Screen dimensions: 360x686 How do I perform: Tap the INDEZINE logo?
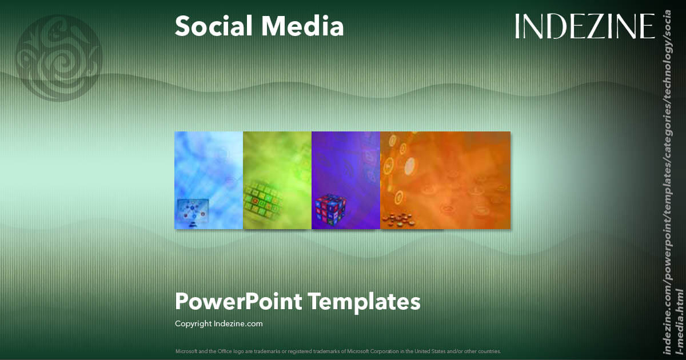point(584,26)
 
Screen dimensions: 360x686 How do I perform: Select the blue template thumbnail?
point(209,180)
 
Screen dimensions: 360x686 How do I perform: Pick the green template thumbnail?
point(277,180)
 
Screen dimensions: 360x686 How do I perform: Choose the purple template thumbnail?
point(346,180)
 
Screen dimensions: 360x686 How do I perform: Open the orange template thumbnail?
point(445,180)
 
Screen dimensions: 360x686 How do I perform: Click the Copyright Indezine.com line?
point(219,323)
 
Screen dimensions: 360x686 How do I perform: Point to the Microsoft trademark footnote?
point(338,351)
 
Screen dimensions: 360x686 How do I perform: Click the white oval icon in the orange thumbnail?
point(409,166)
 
